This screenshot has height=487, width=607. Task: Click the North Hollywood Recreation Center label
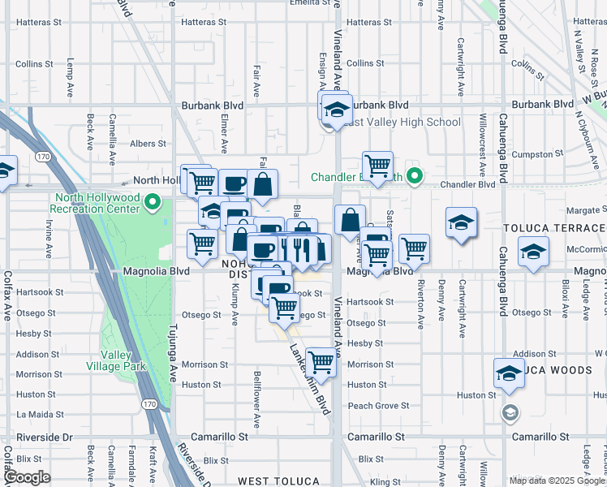click(97, 203)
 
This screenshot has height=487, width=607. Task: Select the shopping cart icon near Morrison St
click(321, 363)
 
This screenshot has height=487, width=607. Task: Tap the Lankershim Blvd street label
click(311, 377)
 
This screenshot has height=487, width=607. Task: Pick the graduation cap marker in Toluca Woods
click(509, 373)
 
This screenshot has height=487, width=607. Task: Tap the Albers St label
click(148, 144)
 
